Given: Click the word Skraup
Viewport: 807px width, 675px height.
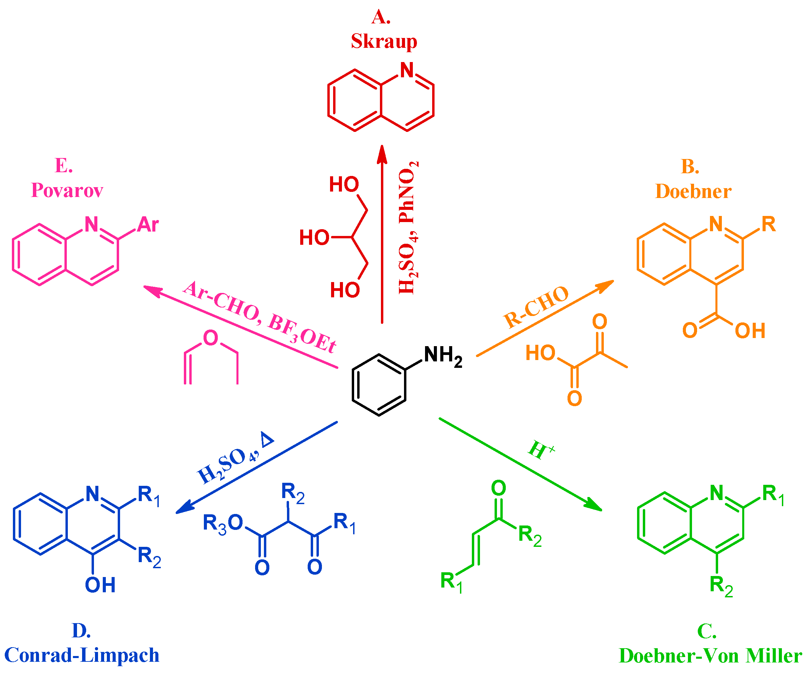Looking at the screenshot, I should [384, 41].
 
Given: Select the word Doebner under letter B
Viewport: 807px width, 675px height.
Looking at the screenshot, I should [693, 191].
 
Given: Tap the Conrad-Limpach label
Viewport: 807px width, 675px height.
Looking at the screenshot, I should [81, 655].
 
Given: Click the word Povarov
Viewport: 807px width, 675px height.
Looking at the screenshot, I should [67, 190].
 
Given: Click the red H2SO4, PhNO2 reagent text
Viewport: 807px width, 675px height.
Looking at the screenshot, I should [407, 228].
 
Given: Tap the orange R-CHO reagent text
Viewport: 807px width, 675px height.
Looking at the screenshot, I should [536, 307].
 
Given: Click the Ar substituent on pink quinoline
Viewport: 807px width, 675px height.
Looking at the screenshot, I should [148, 225].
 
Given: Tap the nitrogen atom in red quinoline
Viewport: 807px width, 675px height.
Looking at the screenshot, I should [407, 70].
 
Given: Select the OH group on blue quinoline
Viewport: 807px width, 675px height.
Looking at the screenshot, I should [100, 585].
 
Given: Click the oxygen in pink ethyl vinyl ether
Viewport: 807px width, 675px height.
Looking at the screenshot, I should [211, 338].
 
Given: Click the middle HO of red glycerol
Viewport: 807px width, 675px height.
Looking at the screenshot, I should [314, 238].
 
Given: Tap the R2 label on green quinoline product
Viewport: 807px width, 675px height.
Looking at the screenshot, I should [721, 586].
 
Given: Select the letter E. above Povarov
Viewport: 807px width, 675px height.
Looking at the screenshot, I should [64, 165].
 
